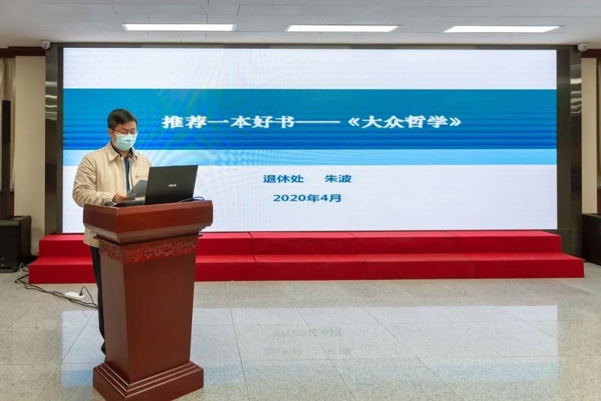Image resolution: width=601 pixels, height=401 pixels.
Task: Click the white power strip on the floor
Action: point(75,295)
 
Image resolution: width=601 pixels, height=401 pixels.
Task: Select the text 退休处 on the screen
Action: point(283,179)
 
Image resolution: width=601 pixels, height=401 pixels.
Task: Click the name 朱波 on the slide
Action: point(338,179)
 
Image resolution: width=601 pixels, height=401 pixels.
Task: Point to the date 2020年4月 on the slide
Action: point(307,198)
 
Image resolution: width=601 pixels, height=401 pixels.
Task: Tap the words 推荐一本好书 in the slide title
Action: point(229,121)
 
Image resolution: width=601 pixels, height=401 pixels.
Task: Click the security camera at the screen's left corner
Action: point(46,45)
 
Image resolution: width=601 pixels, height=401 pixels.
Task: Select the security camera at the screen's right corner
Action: point(583,47)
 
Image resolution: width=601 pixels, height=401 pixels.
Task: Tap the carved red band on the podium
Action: point(148,250)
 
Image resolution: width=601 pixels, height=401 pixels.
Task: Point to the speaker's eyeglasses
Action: point(125,133)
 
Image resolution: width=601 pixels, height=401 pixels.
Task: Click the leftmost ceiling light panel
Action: point(179,27)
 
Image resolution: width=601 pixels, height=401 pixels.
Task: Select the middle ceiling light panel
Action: point(343,28)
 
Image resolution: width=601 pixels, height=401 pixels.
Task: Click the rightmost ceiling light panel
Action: point(503,29)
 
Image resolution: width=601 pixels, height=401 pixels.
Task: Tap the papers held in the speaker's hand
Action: point(137,189)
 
